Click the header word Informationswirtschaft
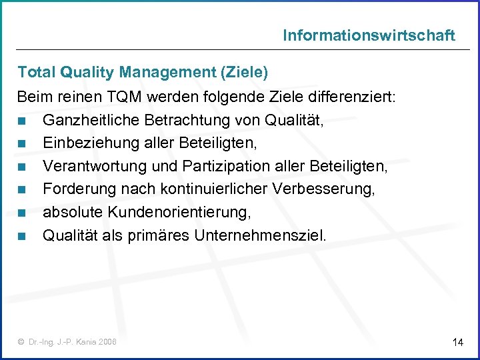point(369,35)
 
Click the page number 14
point(457,342)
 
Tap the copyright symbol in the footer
point(21,342)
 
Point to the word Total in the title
point(35,71)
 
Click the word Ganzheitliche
point(85,121)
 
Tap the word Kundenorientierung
point(176,213)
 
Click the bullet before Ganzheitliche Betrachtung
point(23,121)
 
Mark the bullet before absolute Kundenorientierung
point(23,213)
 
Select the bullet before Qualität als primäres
point(23,236)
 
